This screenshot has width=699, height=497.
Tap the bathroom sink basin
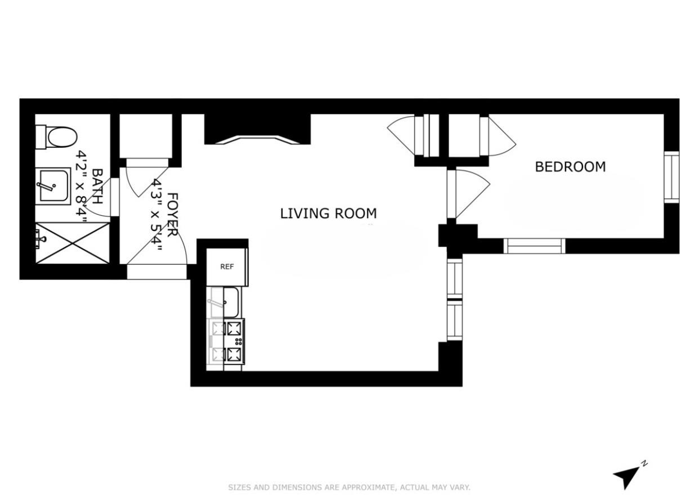point(53,186)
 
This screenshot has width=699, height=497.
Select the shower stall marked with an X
point(72,242)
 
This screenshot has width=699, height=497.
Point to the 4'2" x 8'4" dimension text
point(83,186)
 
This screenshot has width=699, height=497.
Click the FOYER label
point(173,214)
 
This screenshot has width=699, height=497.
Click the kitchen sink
point(225,302)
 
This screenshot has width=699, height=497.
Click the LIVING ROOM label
point(328,214)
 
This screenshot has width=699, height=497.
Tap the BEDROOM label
point(570,167)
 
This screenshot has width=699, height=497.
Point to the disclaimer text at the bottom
point(349,487)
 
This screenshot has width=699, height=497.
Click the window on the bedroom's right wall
point(671,177)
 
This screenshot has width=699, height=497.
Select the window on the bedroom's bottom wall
point(534,246)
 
